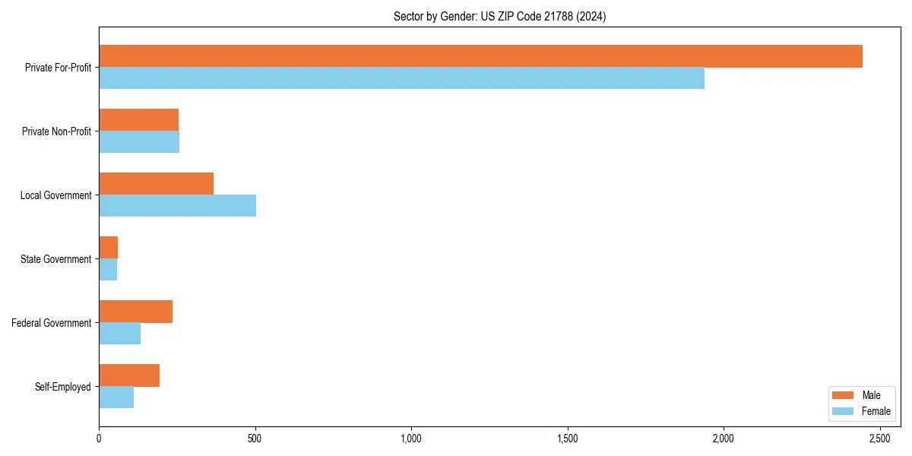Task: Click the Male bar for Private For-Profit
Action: [480, 56]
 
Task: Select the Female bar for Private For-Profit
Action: [401, 78]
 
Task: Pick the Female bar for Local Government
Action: [177, 206]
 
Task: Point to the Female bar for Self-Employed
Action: [116, 397]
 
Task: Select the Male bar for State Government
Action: [108, 248]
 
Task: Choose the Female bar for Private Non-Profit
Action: [139, 142]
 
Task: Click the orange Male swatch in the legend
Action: [844, 395]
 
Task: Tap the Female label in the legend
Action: [876, 411]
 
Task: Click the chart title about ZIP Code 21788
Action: [499, 16]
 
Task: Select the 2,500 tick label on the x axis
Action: [879, 439]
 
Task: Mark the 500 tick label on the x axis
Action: [255, 439]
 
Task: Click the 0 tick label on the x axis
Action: [99, 439]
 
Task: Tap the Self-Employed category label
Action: [63, 387]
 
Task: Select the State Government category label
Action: [56, 259]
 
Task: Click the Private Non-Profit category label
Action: [57, 131]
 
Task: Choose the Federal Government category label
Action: [52, 323]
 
